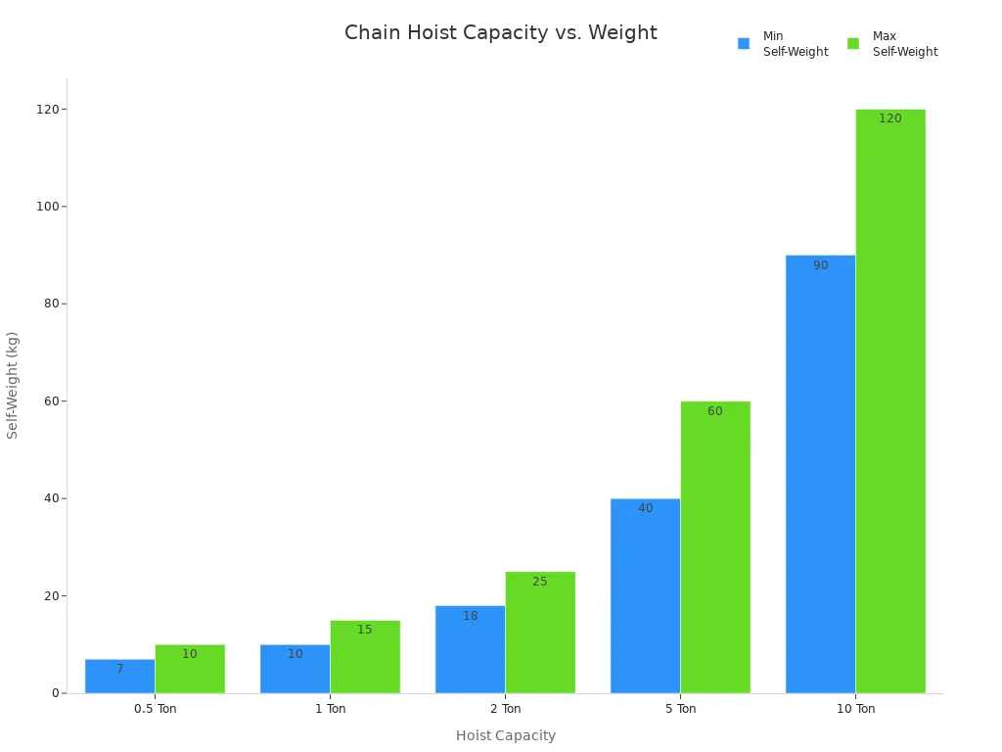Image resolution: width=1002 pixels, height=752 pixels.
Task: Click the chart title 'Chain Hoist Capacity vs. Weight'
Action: [x=500, y=33]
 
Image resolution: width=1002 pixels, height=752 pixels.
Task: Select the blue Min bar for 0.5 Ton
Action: [x=119, y=677]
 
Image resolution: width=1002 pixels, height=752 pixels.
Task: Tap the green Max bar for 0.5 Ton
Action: [x=190, y=669]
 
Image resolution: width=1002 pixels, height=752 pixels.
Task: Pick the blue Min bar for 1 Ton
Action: [x=295, y=669]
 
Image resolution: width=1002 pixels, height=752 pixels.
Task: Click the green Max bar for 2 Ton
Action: [x=540, y=633]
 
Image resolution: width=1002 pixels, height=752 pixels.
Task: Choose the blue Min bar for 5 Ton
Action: [x=645, y=595]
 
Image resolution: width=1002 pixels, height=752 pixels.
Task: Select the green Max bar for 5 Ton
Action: [x=715, y=546]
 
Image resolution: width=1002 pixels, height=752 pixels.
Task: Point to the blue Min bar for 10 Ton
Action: [x=820, y=474]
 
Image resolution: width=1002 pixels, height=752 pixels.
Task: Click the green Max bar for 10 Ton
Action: [x=890, y=401]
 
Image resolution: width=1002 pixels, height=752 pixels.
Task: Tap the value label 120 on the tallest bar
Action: [x=890, y=118]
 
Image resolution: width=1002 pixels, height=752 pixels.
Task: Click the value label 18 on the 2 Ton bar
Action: [x=471, y=616]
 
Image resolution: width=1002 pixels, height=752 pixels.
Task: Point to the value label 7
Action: [x=120, y=669]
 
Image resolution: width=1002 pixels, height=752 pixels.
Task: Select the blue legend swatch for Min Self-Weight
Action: [x=744, y=44]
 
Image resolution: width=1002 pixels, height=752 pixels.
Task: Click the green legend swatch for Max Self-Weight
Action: [x=853, y=44]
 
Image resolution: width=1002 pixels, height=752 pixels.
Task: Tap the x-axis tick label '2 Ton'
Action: [x=506, y=709]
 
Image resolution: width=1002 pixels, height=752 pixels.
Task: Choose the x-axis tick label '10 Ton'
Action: [x=856, y=709]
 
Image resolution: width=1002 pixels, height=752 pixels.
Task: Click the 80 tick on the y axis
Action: [x=49, y=304]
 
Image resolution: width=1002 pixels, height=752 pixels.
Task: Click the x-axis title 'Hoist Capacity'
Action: [x=506, y=735]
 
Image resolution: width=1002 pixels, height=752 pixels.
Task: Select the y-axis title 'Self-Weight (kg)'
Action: [x=13, y=385]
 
